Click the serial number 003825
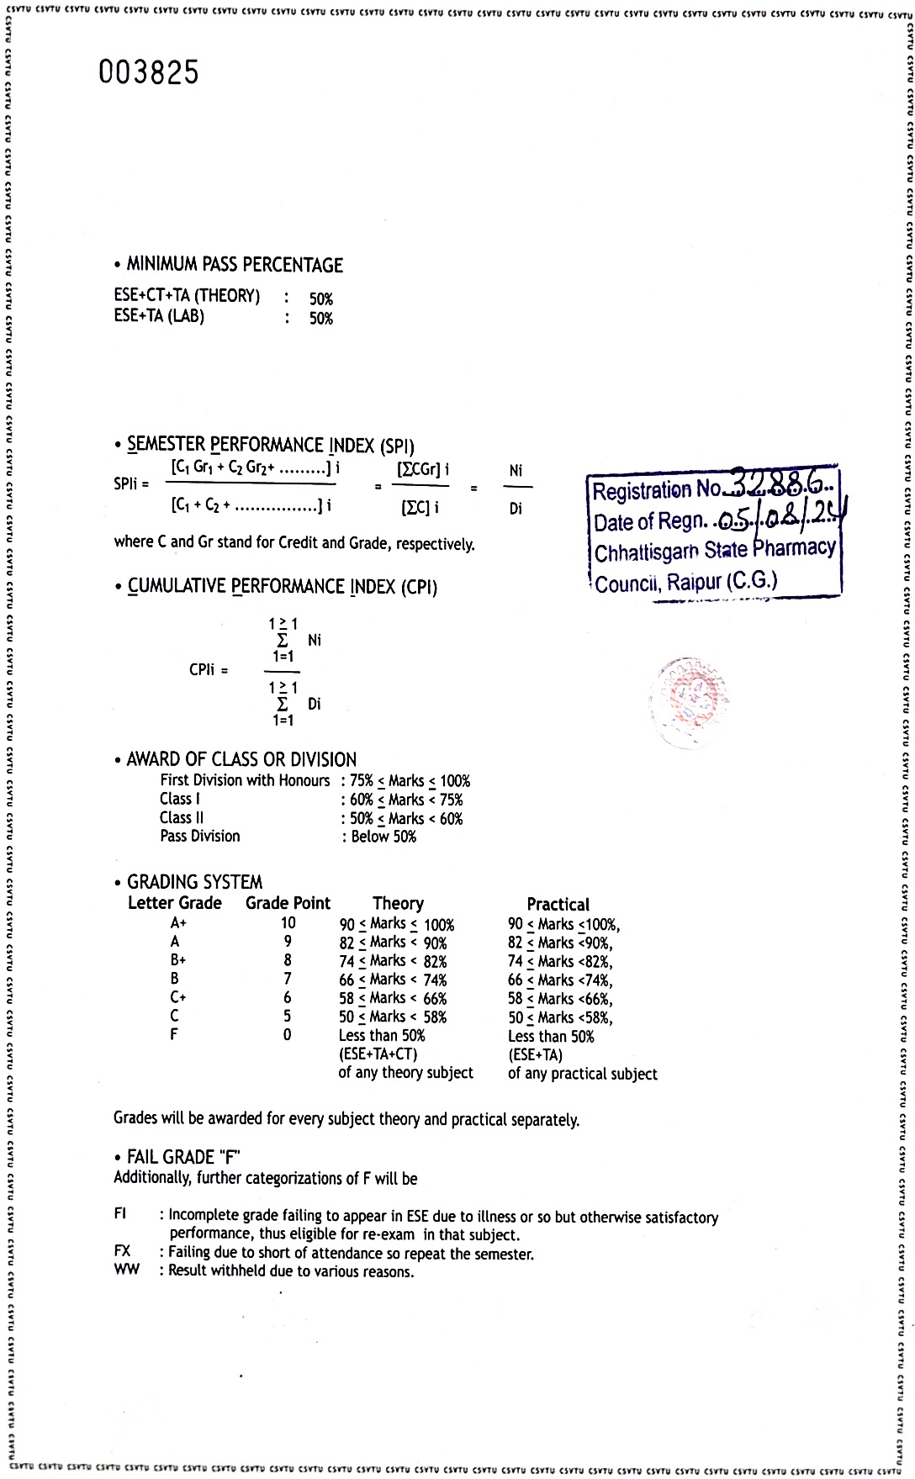[149, 73]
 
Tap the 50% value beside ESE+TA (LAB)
[320, 319]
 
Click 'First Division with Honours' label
[245, 780]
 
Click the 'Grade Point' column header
[288, 903]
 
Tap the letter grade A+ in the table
[178, 923]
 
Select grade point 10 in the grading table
[288, 923]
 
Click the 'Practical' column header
[558, 905]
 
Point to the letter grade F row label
[174, 1034]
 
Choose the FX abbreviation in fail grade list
[123, 1251]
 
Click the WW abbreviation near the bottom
[127, 1270]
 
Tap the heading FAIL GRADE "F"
[183, 1157]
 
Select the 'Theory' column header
[398, 904]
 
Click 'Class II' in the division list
[182, 818]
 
